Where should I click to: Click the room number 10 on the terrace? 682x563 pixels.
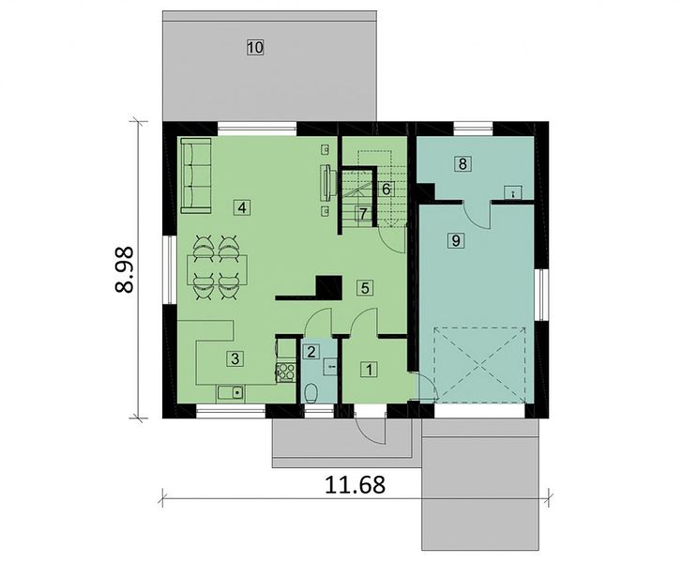pos(255,47)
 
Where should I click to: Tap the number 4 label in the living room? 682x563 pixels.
pos(242,207)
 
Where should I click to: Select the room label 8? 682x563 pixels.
pos(462,164)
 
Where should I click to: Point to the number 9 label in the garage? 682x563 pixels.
pos(456,239)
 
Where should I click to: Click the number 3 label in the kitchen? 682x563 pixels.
pos(235,359)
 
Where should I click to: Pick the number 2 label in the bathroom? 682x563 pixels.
pos(311,352)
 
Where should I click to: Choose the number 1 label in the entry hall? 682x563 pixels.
pos(370,370)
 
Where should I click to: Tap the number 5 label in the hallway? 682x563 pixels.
pos(365,287)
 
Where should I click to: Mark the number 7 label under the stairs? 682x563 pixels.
pos(364,214)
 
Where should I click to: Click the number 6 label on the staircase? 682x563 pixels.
pos(386,189)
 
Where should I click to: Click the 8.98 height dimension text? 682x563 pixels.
pos(125,269)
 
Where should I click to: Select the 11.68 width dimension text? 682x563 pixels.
pos(355,484)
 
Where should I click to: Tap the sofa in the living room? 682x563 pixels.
pos(195,175)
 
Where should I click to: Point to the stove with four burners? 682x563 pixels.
pos(285,372)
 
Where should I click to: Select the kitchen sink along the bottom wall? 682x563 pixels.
pos(231,394)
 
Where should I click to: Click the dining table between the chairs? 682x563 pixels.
pos(218,270)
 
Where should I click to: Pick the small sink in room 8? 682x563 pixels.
pos(514,192)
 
